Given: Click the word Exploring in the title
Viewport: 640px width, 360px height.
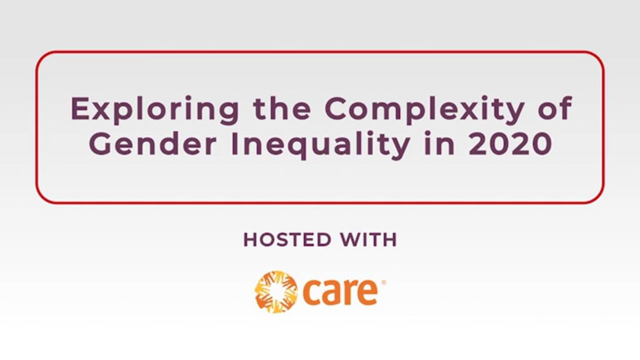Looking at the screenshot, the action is coord(155,110).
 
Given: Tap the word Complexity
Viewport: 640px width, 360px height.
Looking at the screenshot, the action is coord(424,109).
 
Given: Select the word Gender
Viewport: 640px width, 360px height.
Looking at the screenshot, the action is coord(152,144).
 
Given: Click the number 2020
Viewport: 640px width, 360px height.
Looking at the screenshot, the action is coord(510,144).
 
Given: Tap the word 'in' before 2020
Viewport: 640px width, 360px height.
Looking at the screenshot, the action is coord(439,144).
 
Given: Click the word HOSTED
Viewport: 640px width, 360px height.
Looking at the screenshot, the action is coord(287,239).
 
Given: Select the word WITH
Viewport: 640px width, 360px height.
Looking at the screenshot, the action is coord(369,239).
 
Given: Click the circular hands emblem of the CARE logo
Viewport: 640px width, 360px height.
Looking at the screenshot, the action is coord(276,291).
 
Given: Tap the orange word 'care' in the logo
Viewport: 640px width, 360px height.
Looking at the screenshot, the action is coord(340,291).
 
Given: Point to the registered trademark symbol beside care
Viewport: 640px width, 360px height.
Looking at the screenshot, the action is coord(383,282).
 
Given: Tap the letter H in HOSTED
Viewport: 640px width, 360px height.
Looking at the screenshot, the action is coord(251,239).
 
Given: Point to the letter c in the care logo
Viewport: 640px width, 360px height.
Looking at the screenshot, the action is coord(311,292).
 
